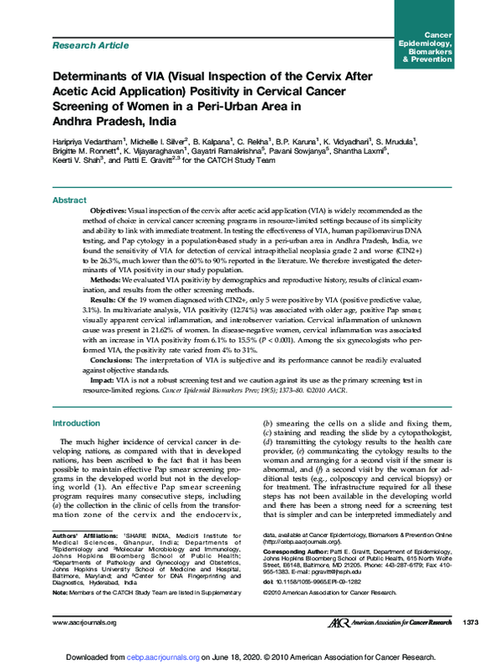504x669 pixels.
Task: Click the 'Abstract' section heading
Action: (x=71, y=201)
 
